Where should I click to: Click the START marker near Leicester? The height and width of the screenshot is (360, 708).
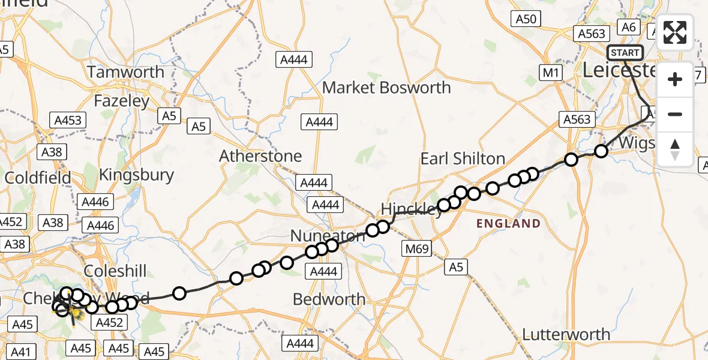coord(625,53)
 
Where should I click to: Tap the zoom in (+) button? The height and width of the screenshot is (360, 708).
coord(675,79)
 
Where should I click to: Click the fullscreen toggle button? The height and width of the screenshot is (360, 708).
coord(675,32)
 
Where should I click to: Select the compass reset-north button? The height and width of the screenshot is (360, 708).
coord(675,149)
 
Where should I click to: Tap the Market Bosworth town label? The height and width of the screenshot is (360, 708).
coord(386,88)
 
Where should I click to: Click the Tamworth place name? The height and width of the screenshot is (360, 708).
coord(125,72)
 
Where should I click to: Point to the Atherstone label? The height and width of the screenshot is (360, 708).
coord(260,156)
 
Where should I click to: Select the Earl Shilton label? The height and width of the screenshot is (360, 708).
coord(463,158)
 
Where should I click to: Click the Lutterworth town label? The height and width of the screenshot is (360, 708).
coord(566,334)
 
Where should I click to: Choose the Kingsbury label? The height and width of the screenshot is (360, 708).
coord(136,175)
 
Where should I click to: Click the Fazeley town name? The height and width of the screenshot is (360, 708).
coord(121,101)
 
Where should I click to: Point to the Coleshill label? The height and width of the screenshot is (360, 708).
coord(115,271)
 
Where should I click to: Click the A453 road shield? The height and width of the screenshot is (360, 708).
coord(68,120)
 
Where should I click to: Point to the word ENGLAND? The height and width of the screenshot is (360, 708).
coord(508,224)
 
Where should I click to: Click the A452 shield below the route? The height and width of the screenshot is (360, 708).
coord(109,323)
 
